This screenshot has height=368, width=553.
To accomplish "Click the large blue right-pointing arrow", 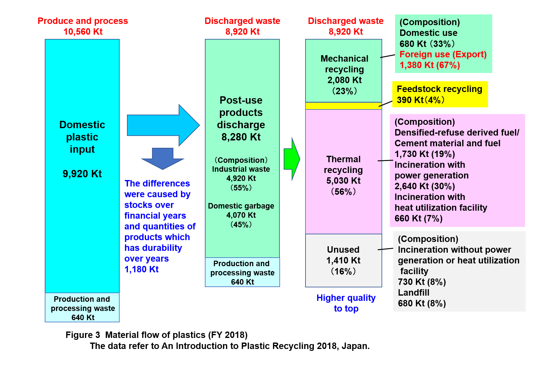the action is tap(163, 125).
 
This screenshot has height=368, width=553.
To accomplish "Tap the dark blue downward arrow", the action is tap(163, 159).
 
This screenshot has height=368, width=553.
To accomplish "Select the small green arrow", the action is tap(292, 159).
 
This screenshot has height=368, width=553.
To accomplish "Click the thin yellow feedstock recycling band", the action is tap(344, 106).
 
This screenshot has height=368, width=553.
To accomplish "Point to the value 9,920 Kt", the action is tap(82, 174).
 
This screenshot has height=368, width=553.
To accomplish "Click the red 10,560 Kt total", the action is tap(83, 32).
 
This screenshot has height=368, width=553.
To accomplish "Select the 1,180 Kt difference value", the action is tap(141, 269).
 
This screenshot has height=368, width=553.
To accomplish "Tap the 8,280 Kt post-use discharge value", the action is tap(241, 137).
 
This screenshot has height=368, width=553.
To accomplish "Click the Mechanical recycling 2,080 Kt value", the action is tap(344, 80).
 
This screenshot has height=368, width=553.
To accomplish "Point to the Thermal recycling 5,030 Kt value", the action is tap(344, 181).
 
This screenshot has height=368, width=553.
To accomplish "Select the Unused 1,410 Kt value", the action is tap(343, 260).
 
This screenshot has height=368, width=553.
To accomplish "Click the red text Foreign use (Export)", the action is tap(443, 54).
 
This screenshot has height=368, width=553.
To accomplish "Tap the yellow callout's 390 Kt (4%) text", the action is tap(421, 100).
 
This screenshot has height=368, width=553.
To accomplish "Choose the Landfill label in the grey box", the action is tap(413, 293).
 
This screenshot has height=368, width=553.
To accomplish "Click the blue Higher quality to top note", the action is tap(346, 303).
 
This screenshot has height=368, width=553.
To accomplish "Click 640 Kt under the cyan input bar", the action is tap(83, 317).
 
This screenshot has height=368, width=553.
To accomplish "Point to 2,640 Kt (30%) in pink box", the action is tap(425, 186).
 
